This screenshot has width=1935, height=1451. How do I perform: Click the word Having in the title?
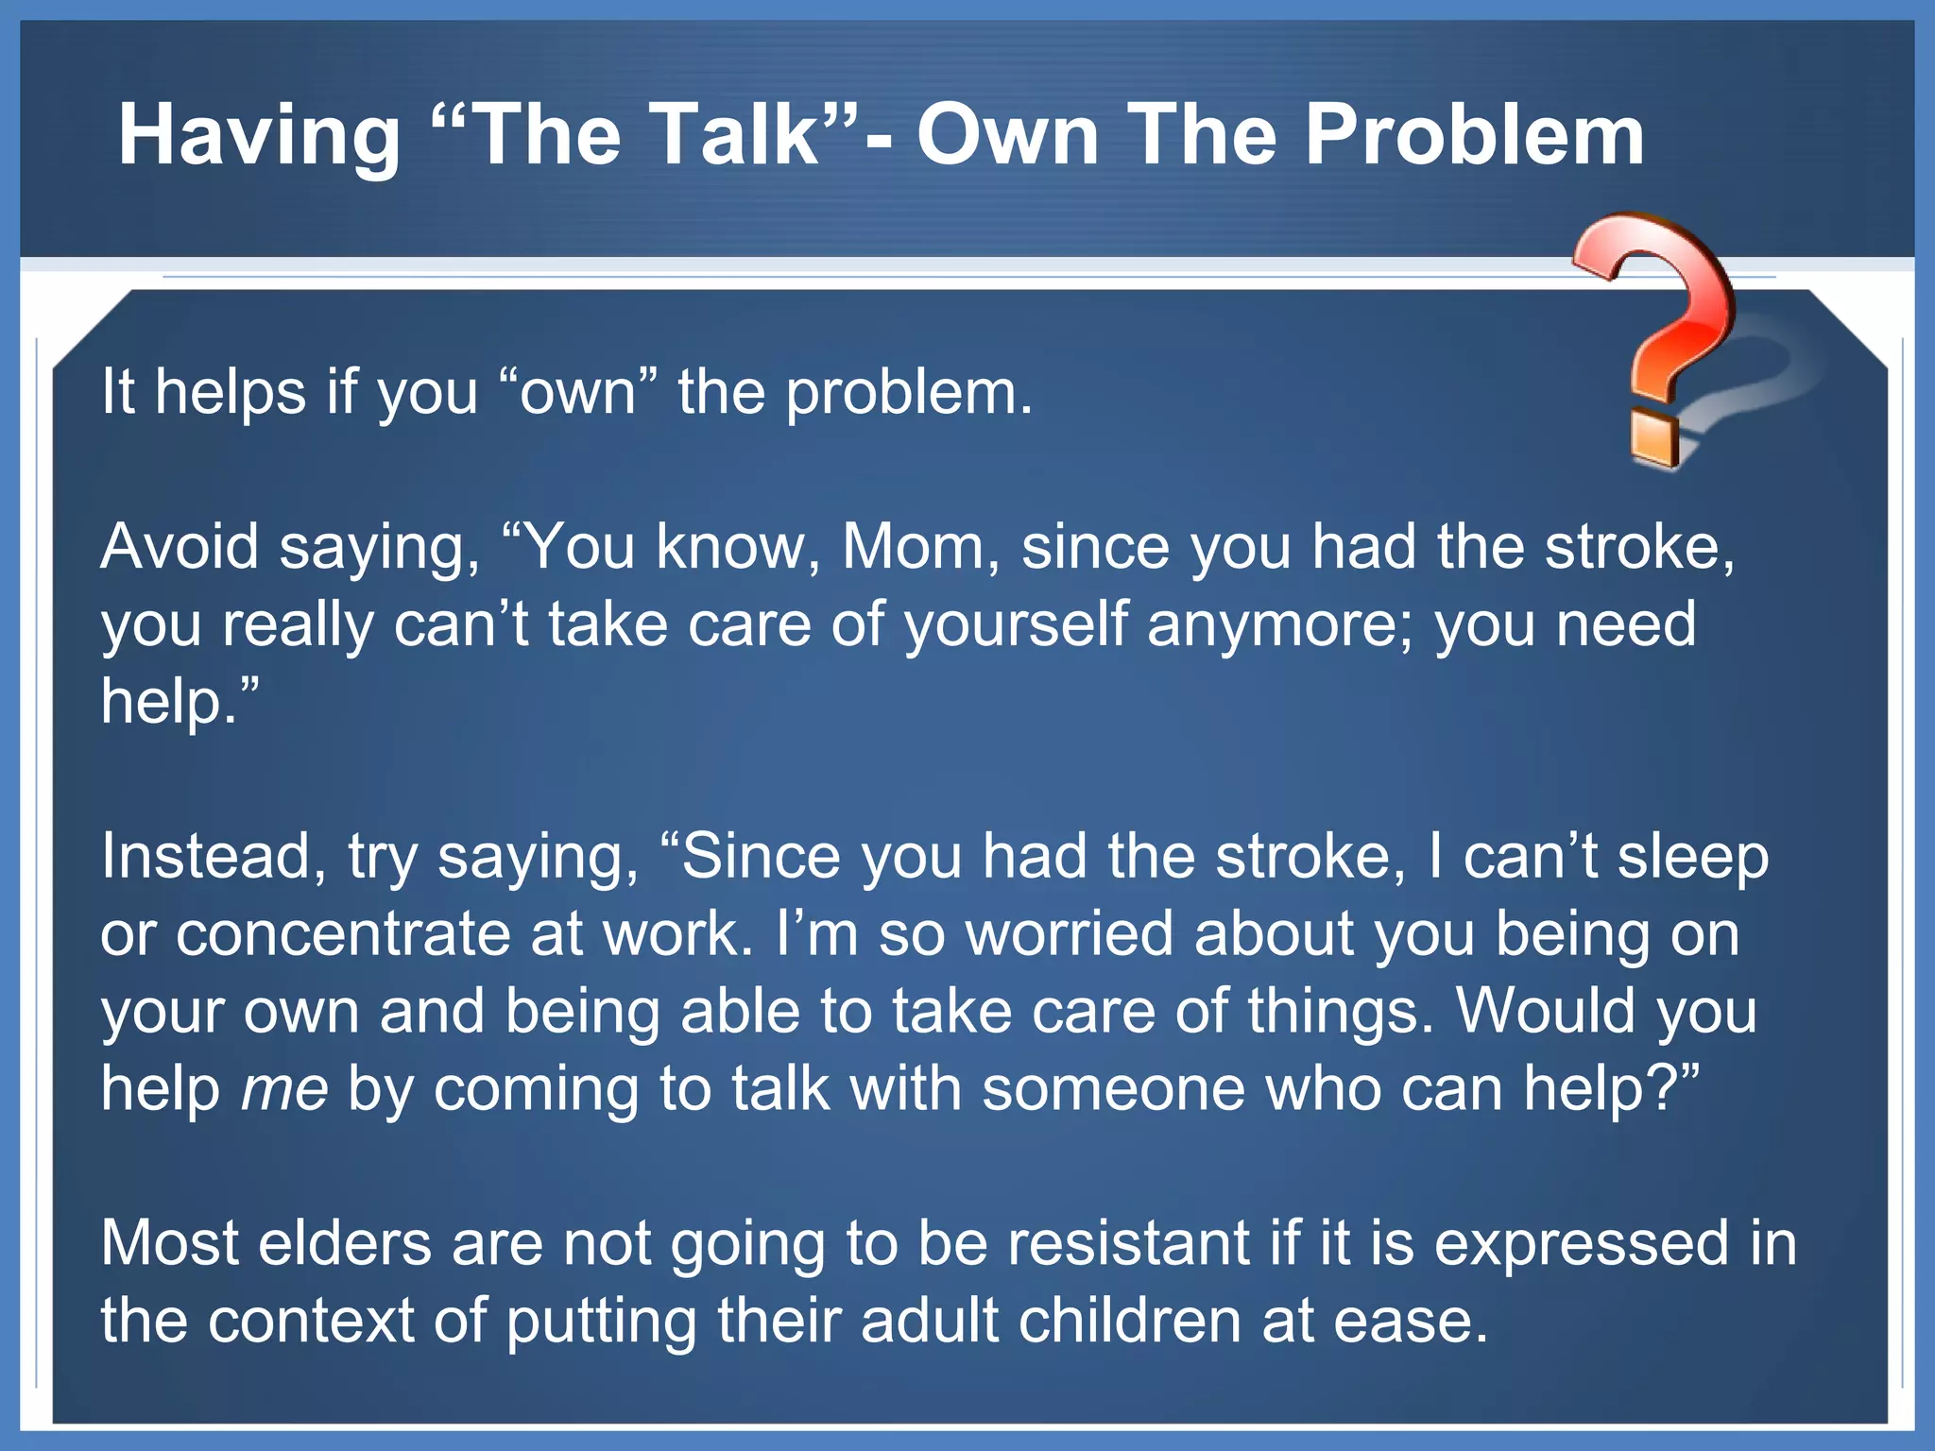[260, 137]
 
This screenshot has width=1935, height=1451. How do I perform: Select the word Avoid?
[180, 547]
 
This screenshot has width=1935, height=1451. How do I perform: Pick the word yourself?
[1016, 625]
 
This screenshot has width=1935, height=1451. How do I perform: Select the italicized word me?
[284, 1089]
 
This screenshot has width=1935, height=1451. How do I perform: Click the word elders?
[345, 1243]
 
